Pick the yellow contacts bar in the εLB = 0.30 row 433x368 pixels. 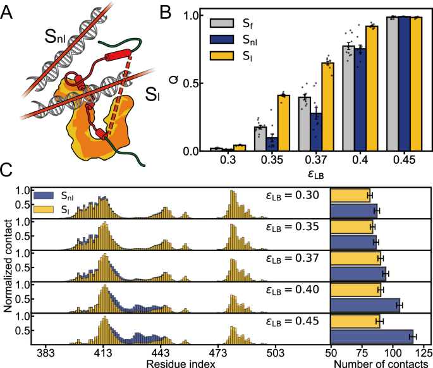tap(350, 195)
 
